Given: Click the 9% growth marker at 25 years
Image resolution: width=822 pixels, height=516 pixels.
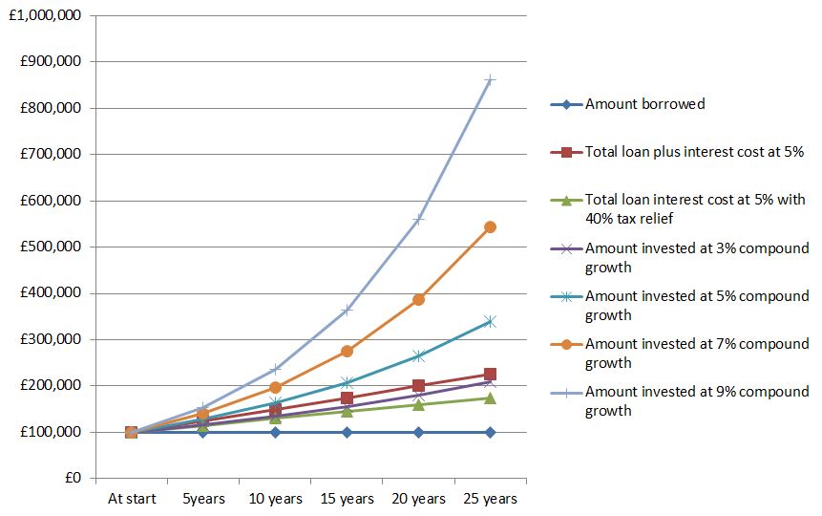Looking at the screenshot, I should [490, 79].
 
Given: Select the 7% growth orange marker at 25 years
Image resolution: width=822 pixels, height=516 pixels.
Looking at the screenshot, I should [490, 227].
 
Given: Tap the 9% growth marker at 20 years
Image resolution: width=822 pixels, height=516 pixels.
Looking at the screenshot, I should [418, 219].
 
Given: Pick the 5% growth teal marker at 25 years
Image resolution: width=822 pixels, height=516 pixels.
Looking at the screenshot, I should [490, 322].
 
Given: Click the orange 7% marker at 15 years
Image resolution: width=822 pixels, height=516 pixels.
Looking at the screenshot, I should [347, 352].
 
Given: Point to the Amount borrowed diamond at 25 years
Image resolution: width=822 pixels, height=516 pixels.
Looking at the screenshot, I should [490, 432].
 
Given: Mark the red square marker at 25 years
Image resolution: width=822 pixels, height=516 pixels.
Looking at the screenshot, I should [490, 374].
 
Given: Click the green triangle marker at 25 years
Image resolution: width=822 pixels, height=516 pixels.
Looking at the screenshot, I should [490, 398].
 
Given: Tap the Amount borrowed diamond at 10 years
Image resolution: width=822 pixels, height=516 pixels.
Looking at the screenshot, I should [275, 432].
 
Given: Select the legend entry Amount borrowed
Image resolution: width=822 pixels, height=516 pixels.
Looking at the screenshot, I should [644, 103].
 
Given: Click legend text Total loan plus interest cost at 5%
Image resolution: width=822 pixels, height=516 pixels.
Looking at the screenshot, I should [694, 151].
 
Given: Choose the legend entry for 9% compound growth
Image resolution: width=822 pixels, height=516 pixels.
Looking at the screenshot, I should [696, 400].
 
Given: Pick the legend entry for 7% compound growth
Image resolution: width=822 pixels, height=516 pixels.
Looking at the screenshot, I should [696, 353].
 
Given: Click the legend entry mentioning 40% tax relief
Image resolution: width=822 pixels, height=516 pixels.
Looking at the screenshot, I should [695, 209].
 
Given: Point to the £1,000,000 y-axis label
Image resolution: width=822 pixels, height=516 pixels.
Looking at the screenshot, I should [45, 15].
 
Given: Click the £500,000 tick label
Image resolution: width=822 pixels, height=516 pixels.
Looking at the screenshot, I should [49, 247].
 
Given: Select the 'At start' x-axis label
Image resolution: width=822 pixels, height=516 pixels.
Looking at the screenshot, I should [131, 499].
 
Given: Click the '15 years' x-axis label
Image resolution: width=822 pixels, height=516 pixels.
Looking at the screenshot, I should [347, 499].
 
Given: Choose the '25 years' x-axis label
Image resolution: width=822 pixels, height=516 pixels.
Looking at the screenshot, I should [490, 499].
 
